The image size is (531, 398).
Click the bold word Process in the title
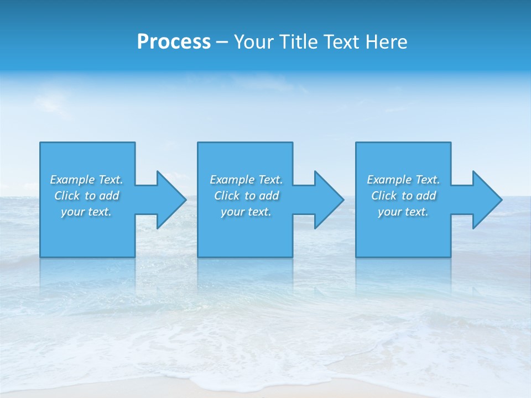click(174, 42)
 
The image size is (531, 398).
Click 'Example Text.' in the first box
click(86, 180)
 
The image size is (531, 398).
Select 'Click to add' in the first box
click(87, 196)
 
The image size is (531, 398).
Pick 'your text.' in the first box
click(86, 212)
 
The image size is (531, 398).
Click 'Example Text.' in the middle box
click(246, 180)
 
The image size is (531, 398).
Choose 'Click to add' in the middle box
click(247, 196)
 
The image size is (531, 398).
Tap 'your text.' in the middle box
click(246, 212)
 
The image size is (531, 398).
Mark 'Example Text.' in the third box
click(403, 180)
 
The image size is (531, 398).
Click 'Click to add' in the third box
click(404, 196)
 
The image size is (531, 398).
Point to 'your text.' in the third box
click(403, 212)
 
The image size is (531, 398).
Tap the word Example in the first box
click(72, 180)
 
